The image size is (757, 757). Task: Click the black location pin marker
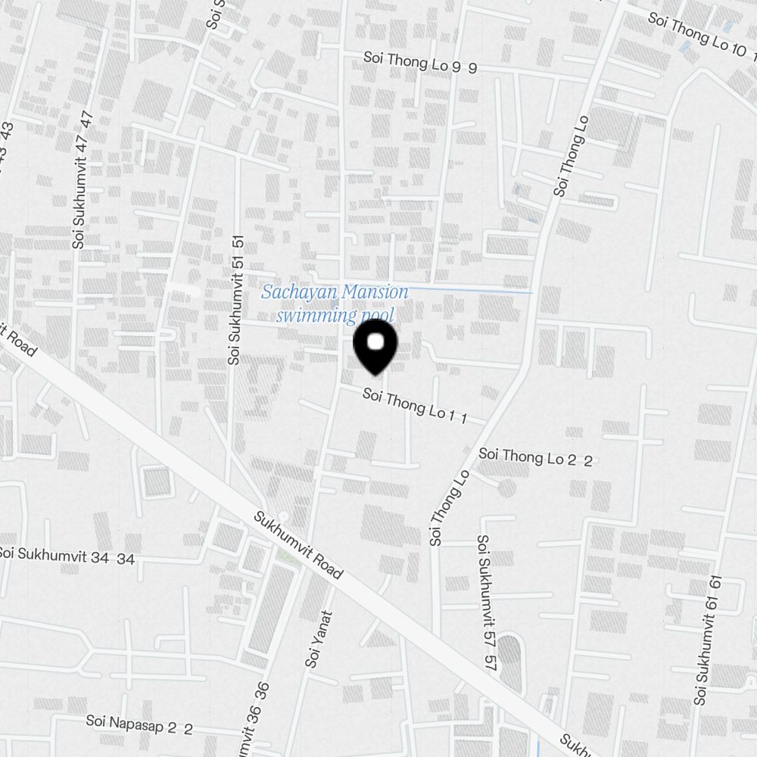(x=375, y=347)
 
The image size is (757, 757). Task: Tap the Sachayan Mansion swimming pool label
(x=335, y=304)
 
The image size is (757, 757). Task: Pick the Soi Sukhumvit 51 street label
(x=236, y=299)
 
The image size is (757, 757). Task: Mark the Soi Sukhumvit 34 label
(x=67, y=556)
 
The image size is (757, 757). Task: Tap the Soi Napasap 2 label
(x=139, y=724)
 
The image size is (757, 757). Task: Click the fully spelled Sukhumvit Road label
(x=298, y=546)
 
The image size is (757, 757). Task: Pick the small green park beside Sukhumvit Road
(x=287, y=557)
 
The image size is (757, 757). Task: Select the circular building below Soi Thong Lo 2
(x=506, y=488)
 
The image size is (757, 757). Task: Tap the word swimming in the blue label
(x=311, y=315)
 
